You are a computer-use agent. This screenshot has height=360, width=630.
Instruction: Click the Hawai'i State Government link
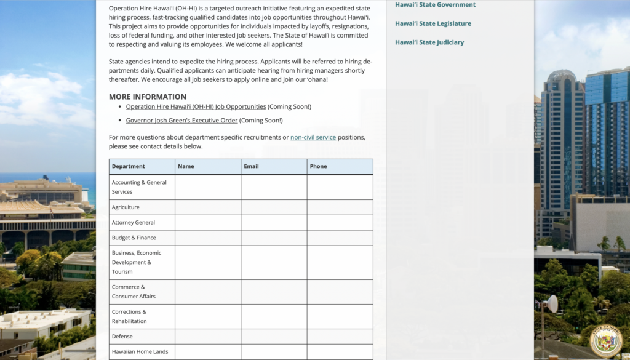click(x=435, y=5)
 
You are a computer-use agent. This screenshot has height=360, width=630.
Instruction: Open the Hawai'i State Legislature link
click(x=433, y=23)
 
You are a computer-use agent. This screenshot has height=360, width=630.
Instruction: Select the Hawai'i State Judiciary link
click(x=429, y=42)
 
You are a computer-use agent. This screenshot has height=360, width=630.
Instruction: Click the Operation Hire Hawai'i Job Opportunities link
click(x=196, y=106)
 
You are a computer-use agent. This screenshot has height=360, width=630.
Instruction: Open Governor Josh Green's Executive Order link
click(x=181, y=121)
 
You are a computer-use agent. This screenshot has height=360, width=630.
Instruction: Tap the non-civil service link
click(x=313, y=137)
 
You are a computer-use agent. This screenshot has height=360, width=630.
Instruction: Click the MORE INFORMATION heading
click(x=148, y=97)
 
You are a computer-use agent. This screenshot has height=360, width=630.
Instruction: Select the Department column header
click(x=129, y=166)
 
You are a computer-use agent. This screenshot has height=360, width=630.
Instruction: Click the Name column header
click(x=186, y=166)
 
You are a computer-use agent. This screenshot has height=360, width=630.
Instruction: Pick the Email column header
click(x=251, y=166)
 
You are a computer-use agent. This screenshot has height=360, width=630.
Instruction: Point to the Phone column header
click(x=318, y=166)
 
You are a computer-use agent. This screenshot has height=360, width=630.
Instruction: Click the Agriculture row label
click(x=126, y=207)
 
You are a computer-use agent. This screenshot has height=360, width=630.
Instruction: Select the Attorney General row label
click(x=134, y=223)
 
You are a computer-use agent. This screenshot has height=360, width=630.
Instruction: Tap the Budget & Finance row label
click(x=134, y=238)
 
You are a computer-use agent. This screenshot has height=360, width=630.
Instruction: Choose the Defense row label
click(x=122, y=337)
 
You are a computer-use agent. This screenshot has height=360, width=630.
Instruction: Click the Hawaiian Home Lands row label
click(x=140, y=352)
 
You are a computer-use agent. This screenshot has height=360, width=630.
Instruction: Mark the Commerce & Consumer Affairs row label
click(x=134, y=292)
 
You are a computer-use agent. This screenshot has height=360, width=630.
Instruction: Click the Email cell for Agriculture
click(x=274, y=207)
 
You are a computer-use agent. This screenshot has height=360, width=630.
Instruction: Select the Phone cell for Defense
click(x=340, y=337)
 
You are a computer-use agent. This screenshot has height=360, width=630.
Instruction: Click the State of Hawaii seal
click(x=606, y=341)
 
